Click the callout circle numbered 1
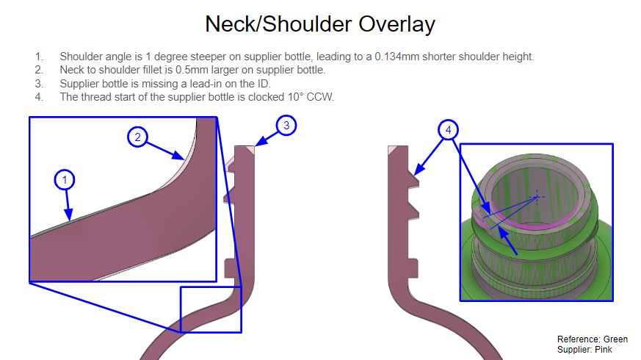[x=64, y=180]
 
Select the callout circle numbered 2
[x=138, y=137]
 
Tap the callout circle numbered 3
[x=286, y=125]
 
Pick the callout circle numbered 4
[x=449, y=130]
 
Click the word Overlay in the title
[x=397, y=24]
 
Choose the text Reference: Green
[x=593, y=339]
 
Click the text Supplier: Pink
[x=584, y=350]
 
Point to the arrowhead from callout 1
[x=68, y=215]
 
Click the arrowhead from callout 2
[x=178, y=156]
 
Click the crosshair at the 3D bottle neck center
[x=536, y=197]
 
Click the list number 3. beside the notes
[x=39, y=84]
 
